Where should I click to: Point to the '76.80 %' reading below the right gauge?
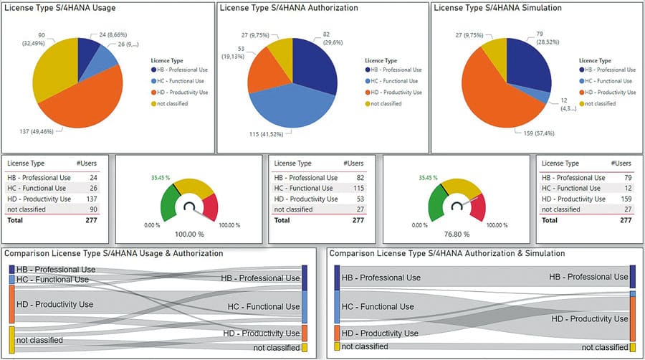(x=456, y=234)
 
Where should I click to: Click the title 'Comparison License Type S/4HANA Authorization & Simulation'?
(x=446, y=253)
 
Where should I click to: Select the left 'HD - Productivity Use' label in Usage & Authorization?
(x=54, y=304)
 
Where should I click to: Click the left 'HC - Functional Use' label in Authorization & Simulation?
(x=378, y=306)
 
